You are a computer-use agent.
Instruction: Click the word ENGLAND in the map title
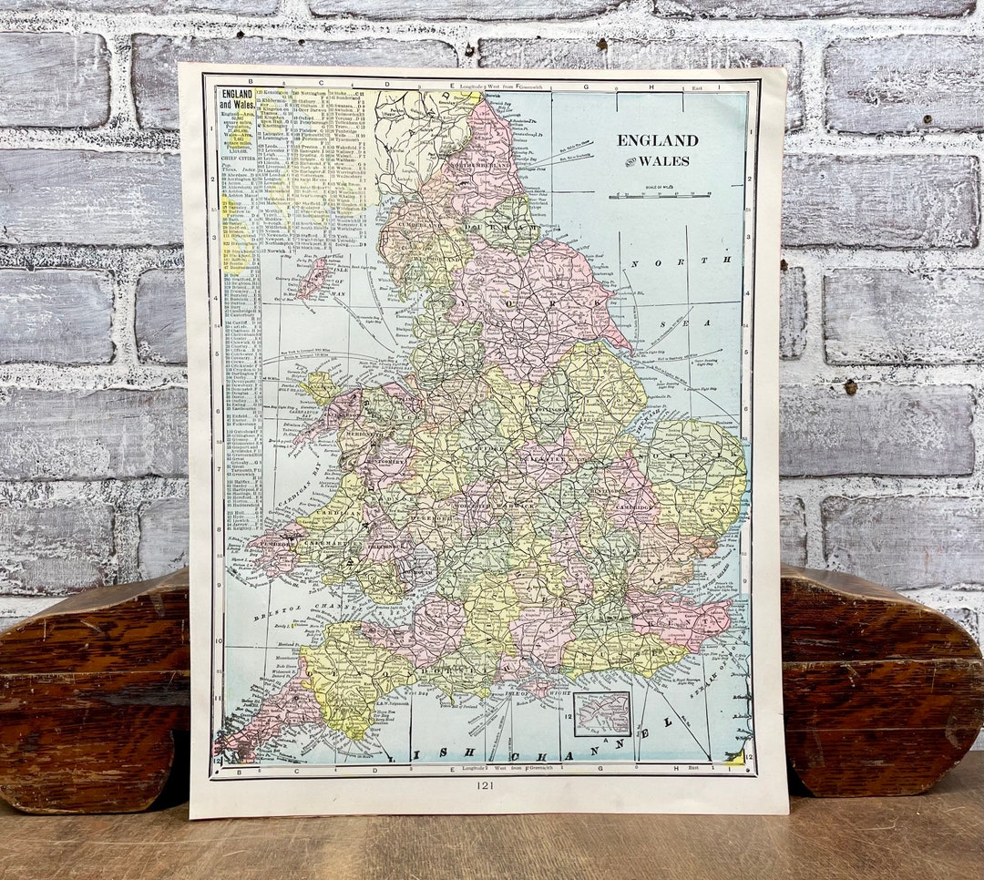click(x=657, y=140)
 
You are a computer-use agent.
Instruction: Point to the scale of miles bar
click(x=660, y=194)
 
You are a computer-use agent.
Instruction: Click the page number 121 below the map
click(x=484, y=785)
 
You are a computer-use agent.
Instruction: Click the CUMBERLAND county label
click(x=414, y=220)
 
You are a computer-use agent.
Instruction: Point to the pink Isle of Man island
click(x=312, y=277)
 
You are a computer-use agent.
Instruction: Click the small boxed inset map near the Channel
click(x=602, y=713)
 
